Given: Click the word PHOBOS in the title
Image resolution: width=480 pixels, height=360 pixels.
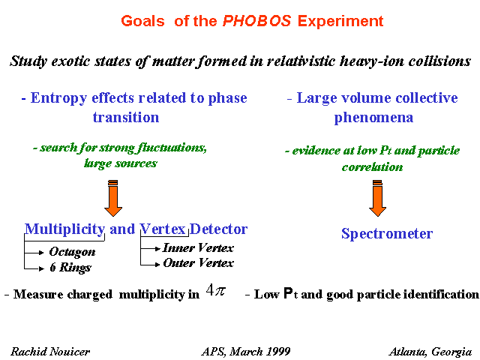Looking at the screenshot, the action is pos(256,21).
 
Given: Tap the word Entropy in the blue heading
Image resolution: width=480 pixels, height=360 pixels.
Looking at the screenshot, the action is pos(58,98).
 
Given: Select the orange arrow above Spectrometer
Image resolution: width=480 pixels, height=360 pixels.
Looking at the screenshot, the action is pos(377,198).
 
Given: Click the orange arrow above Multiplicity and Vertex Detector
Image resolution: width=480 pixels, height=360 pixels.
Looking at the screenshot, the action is pos(113,198).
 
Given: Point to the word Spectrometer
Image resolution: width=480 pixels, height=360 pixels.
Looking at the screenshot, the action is pos(387,234).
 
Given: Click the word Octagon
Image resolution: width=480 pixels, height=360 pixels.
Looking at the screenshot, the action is pos(72,252).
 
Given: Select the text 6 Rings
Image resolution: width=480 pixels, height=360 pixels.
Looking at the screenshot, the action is pos(70,267).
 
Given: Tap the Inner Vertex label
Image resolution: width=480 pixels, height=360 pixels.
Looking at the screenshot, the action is pos(198,247).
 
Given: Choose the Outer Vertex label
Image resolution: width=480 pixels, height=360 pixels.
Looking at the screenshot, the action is pos(198,263).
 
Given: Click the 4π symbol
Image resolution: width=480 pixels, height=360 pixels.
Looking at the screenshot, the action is pos(216,290).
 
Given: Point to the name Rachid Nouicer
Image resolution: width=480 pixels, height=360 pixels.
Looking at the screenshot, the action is pos(50,352).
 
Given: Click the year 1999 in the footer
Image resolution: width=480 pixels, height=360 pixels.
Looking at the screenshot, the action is pos(278,352).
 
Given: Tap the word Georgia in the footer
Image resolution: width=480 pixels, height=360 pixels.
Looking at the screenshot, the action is pos(451,352).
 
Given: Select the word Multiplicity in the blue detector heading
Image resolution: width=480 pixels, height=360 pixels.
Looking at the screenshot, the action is pos(64,229).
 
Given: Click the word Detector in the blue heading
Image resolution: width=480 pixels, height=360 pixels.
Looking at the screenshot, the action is pos(218,229).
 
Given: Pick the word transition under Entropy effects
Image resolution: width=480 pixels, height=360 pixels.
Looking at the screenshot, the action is pos(126,117).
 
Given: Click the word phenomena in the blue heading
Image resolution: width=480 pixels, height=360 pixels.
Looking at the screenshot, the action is pos(373,118).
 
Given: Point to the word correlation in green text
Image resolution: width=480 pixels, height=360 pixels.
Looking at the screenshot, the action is pos(372,167).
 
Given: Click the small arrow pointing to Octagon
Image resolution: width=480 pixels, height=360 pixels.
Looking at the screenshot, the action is pos(34,253).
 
